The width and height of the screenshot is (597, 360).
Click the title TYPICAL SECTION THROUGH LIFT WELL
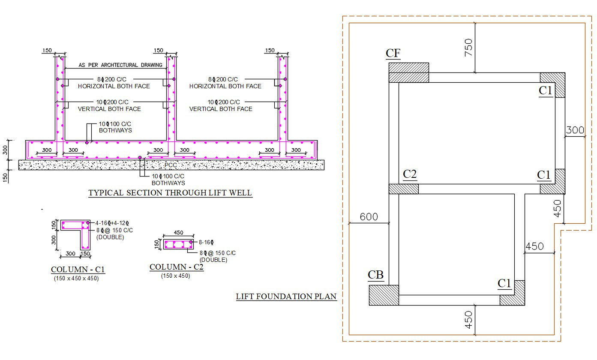pos(170,193)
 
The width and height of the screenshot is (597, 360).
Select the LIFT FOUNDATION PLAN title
pos(286,296)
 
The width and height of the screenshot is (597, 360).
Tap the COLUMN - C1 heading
pos(78,270)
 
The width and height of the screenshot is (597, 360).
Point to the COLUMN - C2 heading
pos(177,267)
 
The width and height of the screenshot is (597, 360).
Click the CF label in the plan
pos(393,53)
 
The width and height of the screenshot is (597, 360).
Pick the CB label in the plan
pos(375,275)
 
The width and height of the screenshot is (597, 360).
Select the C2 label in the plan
pos(410,174)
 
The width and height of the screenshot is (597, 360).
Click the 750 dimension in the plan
pos(468,48)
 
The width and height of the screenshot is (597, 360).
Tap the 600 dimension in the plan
pos(369,216)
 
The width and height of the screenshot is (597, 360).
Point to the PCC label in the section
pos(171,165)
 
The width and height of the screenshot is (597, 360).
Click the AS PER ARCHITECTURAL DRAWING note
pos(120,65)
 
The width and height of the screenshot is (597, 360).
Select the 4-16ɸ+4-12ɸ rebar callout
pos(112,223)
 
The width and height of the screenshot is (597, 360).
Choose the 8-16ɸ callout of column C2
pos(206,242)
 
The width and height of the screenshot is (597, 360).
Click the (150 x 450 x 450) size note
pos(76,278)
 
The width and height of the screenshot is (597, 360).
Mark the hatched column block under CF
pos(408,72)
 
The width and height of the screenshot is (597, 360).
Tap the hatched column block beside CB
pos(384,295)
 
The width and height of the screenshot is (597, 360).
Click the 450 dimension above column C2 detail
pos(178,232)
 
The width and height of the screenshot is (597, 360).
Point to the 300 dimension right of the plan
pos(575,130)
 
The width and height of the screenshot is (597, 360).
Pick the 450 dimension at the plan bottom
pos(468,320)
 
